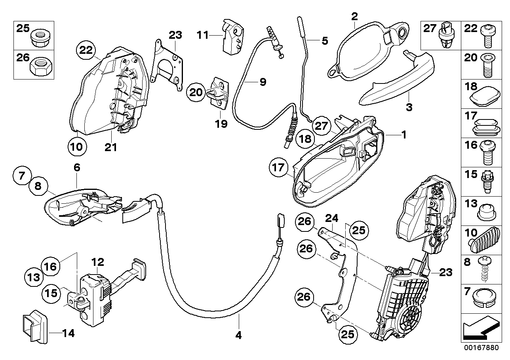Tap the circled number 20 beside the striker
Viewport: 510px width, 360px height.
[196, 93]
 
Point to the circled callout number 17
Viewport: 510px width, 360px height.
[278, 168]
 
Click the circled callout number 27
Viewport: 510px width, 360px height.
[321, 126]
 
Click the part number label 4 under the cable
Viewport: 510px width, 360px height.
[238, 335]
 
